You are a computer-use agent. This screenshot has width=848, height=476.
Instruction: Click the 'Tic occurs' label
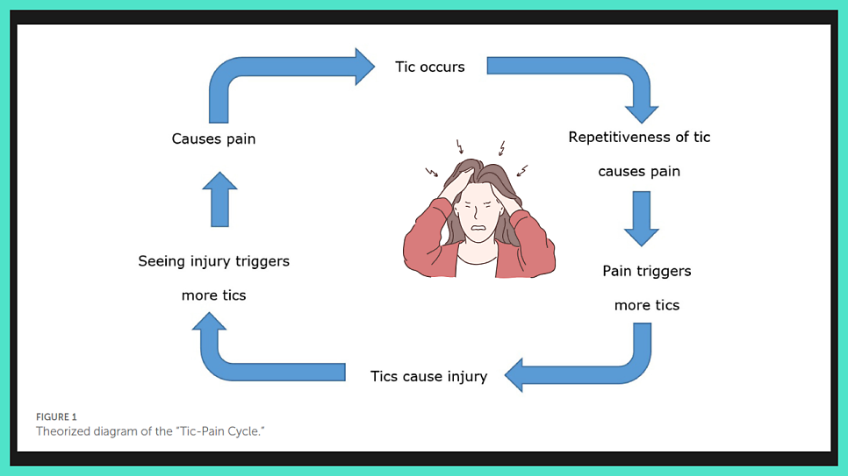click(x=429, y=67)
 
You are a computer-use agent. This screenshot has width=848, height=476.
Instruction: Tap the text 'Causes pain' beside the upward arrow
click(x=213, y=139)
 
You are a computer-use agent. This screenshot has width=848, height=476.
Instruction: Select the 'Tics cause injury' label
click(x=428, y=376)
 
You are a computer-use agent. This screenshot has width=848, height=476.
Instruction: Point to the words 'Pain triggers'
click(x=646, y=271)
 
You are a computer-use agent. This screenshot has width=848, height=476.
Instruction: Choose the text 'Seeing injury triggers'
click(x=213, y=260)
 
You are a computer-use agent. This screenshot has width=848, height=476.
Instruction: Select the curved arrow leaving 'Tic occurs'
click(x=597, y=70)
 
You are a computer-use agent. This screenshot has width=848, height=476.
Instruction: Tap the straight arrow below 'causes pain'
click(x=641, y=217)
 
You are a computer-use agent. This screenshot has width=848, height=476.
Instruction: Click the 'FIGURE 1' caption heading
click(x=56, y=416)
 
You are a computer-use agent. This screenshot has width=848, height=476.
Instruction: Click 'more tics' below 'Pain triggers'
click(x=646, y=305)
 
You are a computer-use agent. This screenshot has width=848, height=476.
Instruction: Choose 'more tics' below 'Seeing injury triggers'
click(x=213, y=295)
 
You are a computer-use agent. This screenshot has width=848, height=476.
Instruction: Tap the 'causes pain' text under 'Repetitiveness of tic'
click(x=639, y=171)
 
